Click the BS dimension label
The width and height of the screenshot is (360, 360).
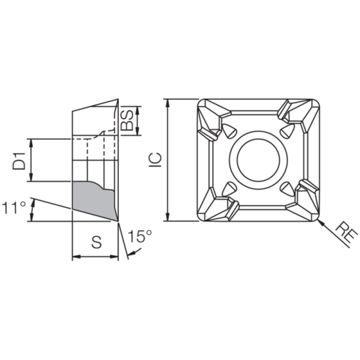(x=127, y=121)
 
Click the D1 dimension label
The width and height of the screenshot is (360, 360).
(x=19, y=161)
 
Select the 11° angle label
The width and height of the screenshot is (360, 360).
(x=14, y=208)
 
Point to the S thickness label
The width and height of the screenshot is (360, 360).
(x=96, y=243)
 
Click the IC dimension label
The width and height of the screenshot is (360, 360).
(x=155, y=160)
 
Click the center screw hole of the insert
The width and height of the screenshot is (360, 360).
(x=258, y=160)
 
